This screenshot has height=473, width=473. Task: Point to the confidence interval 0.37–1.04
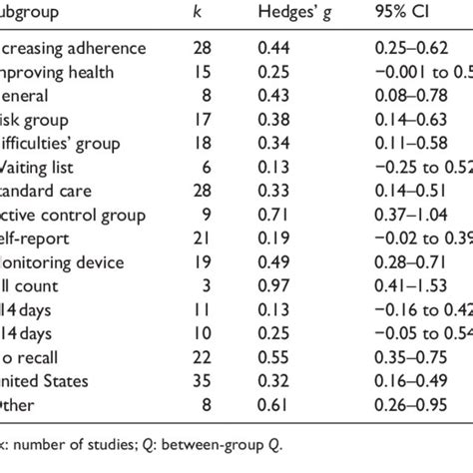(410, 216)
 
